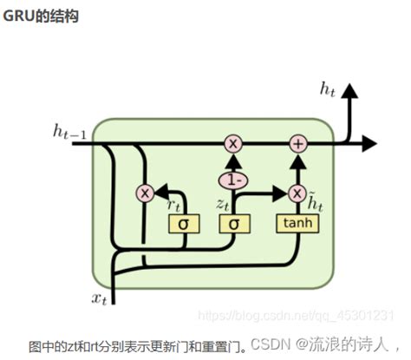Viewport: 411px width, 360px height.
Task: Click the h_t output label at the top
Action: point(329,88)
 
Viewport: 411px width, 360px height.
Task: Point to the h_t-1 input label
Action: point(70,132)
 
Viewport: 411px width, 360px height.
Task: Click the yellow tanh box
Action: point(297,223)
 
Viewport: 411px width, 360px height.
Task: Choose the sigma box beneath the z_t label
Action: point(232,224)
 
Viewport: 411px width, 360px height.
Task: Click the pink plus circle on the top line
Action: point(297,144)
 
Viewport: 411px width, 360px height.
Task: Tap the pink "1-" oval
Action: point(232,180)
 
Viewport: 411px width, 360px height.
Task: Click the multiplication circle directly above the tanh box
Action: point(297,193)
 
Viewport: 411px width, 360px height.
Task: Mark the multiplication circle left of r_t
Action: point(145,193)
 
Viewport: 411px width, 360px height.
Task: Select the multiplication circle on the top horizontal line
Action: point(232,144)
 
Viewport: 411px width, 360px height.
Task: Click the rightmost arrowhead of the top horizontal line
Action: point(370,144)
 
